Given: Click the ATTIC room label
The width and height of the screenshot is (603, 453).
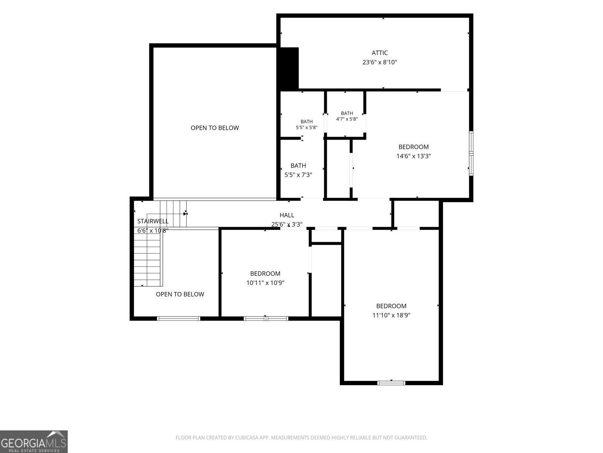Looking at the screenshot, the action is coord(380,53).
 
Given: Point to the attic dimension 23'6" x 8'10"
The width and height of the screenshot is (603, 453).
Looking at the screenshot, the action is coord(380,62).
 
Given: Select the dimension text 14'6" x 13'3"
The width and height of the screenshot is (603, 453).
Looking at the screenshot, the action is coord(413,156).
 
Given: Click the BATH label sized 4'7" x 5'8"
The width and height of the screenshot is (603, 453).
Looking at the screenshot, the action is coord(347,113).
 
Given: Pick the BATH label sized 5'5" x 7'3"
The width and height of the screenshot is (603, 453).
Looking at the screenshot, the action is coord(298,166).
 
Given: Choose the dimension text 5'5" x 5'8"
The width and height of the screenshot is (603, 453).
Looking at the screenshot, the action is coord(306,128).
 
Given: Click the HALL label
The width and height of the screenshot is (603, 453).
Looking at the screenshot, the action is coord(287,215).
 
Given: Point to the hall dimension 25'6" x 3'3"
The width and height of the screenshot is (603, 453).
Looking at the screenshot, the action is coord(287,225).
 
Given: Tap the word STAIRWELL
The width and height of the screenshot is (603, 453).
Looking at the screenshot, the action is coord(153,221).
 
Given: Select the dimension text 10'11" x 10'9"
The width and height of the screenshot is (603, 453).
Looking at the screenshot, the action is coord(265,283).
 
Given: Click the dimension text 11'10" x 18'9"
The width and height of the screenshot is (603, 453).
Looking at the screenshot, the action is coord(391,315).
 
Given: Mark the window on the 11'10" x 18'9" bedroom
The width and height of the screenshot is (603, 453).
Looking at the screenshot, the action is coord(391,383).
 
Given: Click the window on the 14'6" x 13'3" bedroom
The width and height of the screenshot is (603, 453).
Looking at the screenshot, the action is coord(471,154).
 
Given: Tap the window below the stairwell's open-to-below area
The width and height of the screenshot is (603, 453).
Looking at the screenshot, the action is coord(179,319).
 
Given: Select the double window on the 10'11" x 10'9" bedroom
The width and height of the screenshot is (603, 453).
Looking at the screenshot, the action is coord(266,319).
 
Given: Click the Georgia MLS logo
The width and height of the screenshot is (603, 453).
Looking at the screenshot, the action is coord(34,441).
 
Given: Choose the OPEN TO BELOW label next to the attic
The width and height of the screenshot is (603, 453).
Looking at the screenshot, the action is coord(215,128).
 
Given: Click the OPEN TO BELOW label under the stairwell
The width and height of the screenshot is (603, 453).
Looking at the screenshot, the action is coord(180,294).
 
